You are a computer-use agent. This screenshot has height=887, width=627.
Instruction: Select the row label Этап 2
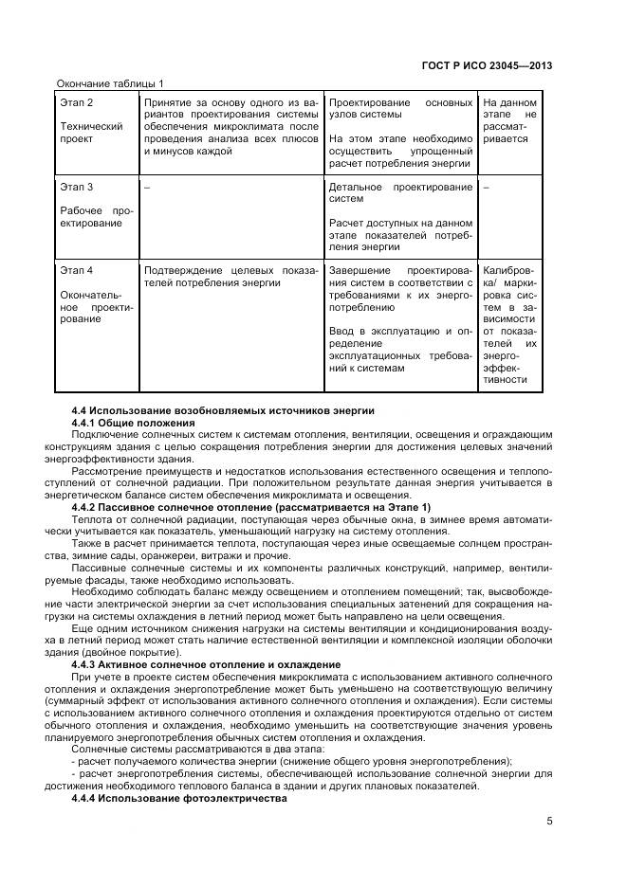coord(78,102)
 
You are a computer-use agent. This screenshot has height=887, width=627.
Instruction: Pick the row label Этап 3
coord(78,187)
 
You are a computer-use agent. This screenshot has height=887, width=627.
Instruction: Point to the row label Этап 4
coord(78,270)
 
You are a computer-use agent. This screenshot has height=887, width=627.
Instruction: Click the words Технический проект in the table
coord(91,133)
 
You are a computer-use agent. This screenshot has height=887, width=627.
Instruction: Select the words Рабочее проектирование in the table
coord(95,216)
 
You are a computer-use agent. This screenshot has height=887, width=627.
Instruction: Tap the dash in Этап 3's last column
coord(486,187)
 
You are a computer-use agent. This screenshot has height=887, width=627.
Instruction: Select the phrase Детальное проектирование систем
coord(399,192)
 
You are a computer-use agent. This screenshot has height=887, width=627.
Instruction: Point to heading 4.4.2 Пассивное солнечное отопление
coord(250,507)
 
